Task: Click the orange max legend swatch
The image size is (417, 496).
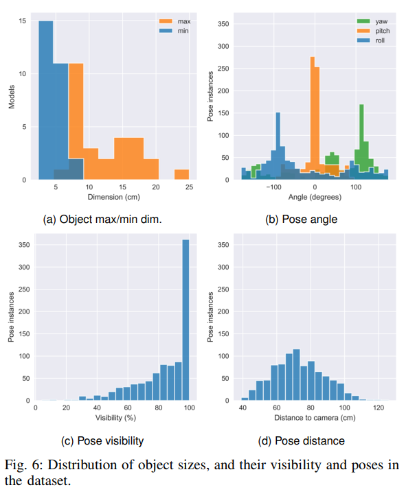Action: point(165,21)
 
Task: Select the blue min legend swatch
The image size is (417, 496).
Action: point(165,30)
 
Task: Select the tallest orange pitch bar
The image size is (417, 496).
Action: point(313,117)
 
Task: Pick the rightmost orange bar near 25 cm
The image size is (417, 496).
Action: point(181,174)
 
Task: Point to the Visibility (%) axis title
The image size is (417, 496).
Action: point(115,417)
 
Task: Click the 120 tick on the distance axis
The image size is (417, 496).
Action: point(378,408)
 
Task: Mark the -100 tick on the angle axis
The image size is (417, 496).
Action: point(273,187)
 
